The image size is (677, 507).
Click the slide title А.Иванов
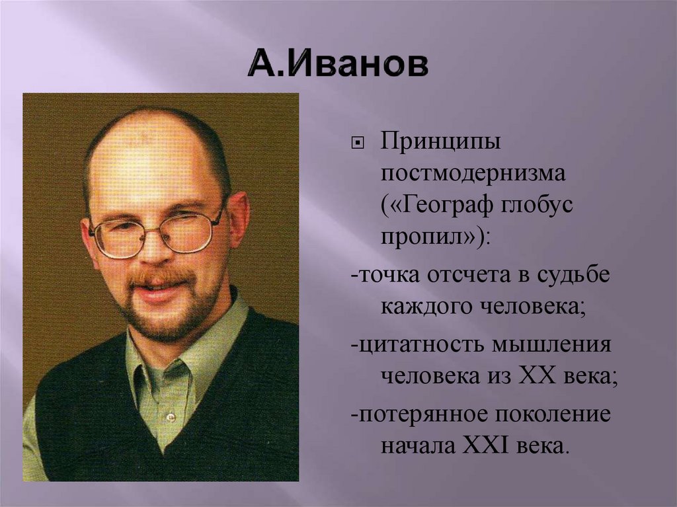click(338, 67)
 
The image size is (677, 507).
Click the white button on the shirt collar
click(171, 416)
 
